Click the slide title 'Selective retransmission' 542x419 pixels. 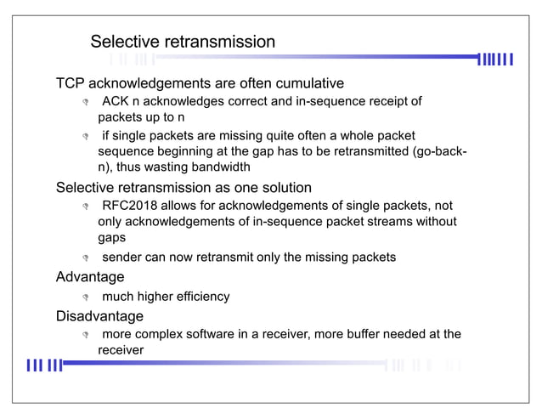tap(183, 42)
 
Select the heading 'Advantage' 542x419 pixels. tap(90, 277)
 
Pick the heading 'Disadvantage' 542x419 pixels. tap(99, 316)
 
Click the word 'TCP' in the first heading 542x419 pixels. tap(71, 83)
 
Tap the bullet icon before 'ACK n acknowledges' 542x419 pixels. tap(85, 104)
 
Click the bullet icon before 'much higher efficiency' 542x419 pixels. tap(85, 297)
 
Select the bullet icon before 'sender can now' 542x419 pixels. tap(85, 258)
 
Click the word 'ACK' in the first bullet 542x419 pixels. tap(116, 102)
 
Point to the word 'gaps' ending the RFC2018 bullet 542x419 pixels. tap(111, 238)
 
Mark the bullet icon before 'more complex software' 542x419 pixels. tap(85, 336)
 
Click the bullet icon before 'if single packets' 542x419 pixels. tap(85, 136)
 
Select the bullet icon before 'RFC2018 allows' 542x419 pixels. tap(85, 207)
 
